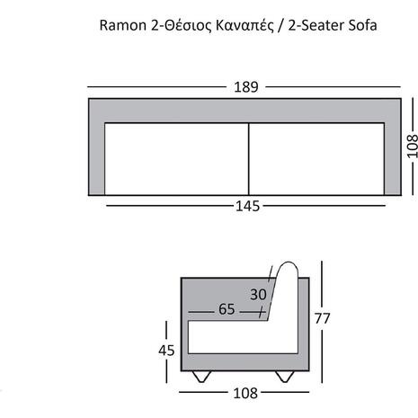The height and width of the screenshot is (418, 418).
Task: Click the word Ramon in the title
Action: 123,25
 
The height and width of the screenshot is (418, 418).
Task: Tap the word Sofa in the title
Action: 362,25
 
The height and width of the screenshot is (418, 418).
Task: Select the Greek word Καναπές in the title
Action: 245,26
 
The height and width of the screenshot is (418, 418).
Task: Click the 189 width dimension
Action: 245,87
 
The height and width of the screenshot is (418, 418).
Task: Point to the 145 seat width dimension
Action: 247,206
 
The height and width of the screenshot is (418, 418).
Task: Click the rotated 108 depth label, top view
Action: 413,147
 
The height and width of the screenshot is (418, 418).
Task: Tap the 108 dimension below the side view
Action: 245,393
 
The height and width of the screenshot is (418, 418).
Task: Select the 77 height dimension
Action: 323,318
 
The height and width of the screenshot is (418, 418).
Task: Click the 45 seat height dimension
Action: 166,351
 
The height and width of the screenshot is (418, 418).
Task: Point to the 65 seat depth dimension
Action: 227,309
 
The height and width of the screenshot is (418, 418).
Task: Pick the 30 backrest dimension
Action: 258,295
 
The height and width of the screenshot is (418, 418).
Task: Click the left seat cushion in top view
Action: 177,159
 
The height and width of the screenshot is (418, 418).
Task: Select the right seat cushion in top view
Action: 316,159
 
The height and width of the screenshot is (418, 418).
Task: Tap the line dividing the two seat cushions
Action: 249,159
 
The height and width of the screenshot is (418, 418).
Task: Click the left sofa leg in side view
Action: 201,377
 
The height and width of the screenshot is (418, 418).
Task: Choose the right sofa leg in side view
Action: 285,377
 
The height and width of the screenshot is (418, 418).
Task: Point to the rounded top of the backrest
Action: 288,263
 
